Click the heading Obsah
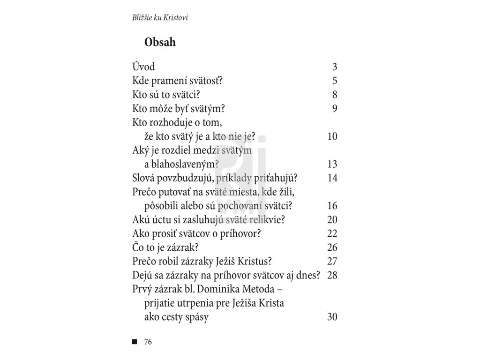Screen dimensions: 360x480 click(x=160, y=43)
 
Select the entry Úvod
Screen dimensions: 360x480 click(x=144, y=67)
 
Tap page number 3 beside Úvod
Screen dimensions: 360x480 click(x=335, y=67)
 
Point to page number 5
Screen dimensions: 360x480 click(x=335, y=81)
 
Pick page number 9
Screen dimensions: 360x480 click(x=335, y=109)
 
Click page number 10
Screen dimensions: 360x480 click(x=332, y=137)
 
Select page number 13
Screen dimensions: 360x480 click(x=332, y=165)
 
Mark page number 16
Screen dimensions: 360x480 click(x=332, y=206)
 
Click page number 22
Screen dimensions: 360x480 click(x=332, y=234)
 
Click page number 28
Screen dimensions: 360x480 click(x=332, y=276)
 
